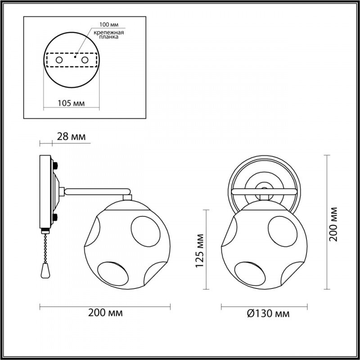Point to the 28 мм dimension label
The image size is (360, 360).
71,136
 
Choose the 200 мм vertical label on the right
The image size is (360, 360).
334,224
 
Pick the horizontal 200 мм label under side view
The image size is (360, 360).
106,312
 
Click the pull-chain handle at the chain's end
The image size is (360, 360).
44,270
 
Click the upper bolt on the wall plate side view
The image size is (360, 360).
55,165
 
